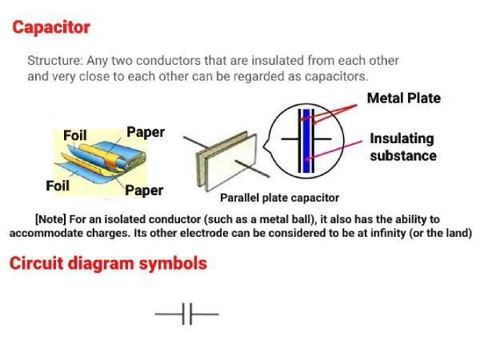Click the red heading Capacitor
tap(50, 27)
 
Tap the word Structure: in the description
tap(54, 61)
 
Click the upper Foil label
tap(75, 135)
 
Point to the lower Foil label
tap(58, 186)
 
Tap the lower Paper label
tap(144, 190)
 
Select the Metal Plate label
tap(403, 98)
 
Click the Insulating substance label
tap(402, 147)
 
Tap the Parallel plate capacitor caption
tap(279, 198)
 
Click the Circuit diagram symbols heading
tap(108, 263)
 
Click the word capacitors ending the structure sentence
tap(336, 77)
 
